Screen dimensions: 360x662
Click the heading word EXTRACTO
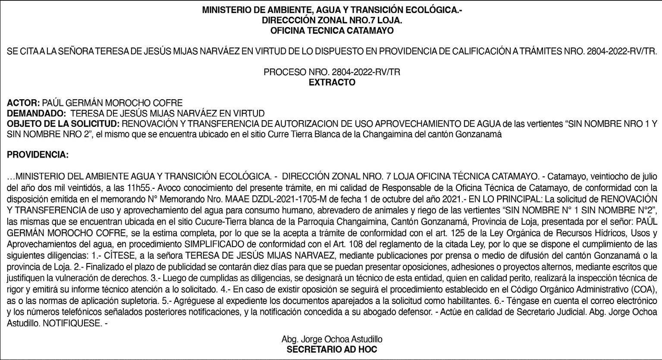(x=332, y=82)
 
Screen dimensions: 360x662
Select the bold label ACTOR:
(x=24, y=103)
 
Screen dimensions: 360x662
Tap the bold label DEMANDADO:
(x=36, y=114)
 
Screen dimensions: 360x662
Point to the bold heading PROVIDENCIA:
(x=38, y=155)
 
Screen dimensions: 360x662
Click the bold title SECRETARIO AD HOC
(x=332, y=350)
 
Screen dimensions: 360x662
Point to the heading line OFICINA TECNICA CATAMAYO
(x=332, y=31)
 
